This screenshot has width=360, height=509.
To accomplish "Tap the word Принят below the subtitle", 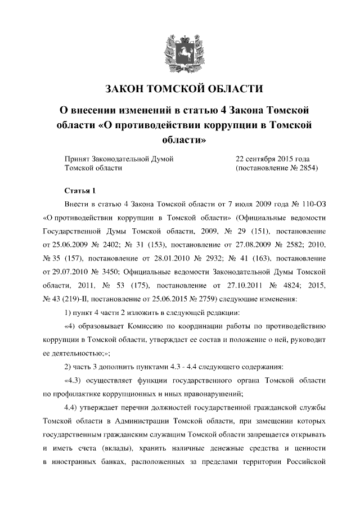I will coord(78,159).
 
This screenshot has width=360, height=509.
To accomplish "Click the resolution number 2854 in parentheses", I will coord(305,168).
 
